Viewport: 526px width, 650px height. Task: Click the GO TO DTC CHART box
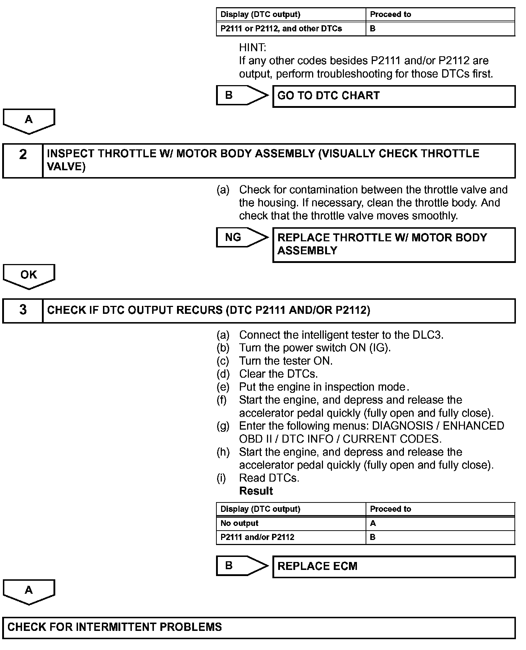(x=394, y=96)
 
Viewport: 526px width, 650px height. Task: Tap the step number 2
(x=23, y=155)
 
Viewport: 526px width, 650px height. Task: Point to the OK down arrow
(x=29, y=276)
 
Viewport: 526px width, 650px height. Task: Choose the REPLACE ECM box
(x=394, y=566)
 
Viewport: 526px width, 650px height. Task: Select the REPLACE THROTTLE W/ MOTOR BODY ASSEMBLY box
(x=394, y=245)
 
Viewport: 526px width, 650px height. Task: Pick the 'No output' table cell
(x=291, y=523)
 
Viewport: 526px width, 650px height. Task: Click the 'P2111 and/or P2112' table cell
(x=291, y=537)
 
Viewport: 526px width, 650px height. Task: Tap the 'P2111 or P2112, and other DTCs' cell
(x=291, y=28)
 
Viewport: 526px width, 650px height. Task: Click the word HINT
(x=253, y=48)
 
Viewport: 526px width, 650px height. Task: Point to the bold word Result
(x=256, y=491)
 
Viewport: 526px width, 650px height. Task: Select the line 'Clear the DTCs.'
(x=278, y=374)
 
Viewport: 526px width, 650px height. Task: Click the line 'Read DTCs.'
(x=269, y=478)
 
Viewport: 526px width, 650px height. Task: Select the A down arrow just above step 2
(x=29, y=121)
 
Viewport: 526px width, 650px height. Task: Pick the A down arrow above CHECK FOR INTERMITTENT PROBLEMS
(x=29, y=592)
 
